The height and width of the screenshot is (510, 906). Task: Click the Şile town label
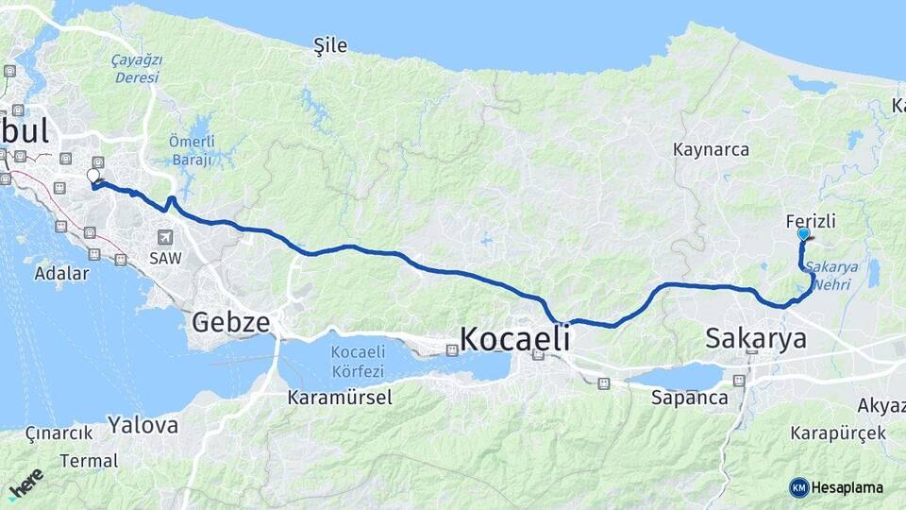coord(330,45)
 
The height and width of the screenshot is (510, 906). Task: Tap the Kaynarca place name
coord(711,149)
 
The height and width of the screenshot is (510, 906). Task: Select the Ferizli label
coord(811,221)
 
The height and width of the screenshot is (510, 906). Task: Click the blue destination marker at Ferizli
coord(803,233)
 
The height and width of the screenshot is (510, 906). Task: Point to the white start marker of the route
coord(93,176)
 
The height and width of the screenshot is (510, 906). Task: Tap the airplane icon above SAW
coord(166,236)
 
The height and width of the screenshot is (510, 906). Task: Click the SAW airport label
coord(164,257)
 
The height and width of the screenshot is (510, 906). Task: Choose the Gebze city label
coord(230,323)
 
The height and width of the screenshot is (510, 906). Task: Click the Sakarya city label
coord(756,338)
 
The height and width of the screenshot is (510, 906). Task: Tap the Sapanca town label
coord(689,398)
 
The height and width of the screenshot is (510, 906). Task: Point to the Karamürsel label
coord(340,398)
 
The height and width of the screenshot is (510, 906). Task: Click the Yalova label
coord(143,425)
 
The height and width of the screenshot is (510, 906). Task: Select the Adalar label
coord(60,274)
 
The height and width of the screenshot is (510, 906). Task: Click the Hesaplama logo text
coord(847,487)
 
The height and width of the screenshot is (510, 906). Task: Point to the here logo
coord(25,484)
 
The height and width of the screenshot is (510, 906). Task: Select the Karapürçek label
coord(839,433)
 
